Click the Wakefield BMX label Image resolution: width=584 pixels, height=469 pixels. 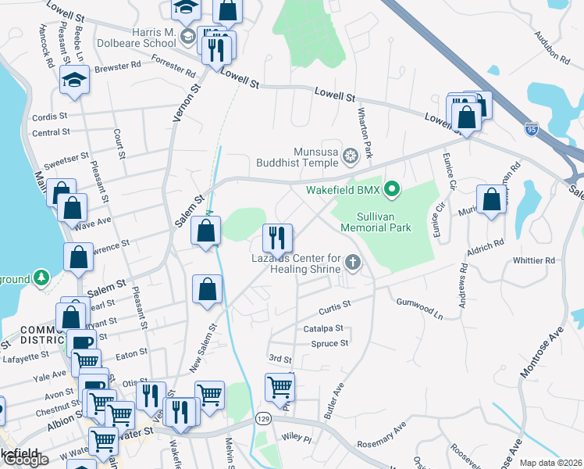tap(351, 189)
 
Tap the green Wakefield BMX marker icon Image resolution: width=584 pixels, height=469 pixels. tap(395, 189)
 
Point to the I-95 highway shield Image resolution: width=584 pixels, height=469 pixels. tap(532, 126)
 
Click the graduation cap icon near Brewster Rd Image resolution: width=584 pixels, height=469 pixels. tap(75, 81)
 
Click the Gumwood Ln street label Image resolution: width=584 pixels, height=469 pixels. tap(419, 309)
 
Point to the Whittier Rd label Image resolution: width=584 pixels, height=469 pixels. tap(534, 260)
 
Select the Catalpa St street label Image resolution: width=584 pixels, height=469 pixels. tap(324, 329)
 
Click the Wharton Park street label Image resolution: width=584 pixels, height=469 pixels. tap(365, 131)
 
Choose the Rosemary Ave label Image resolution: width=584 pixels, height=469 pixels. tap(383, 437)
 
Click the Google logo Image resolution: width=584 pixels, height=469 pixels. tap(26, 459)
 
